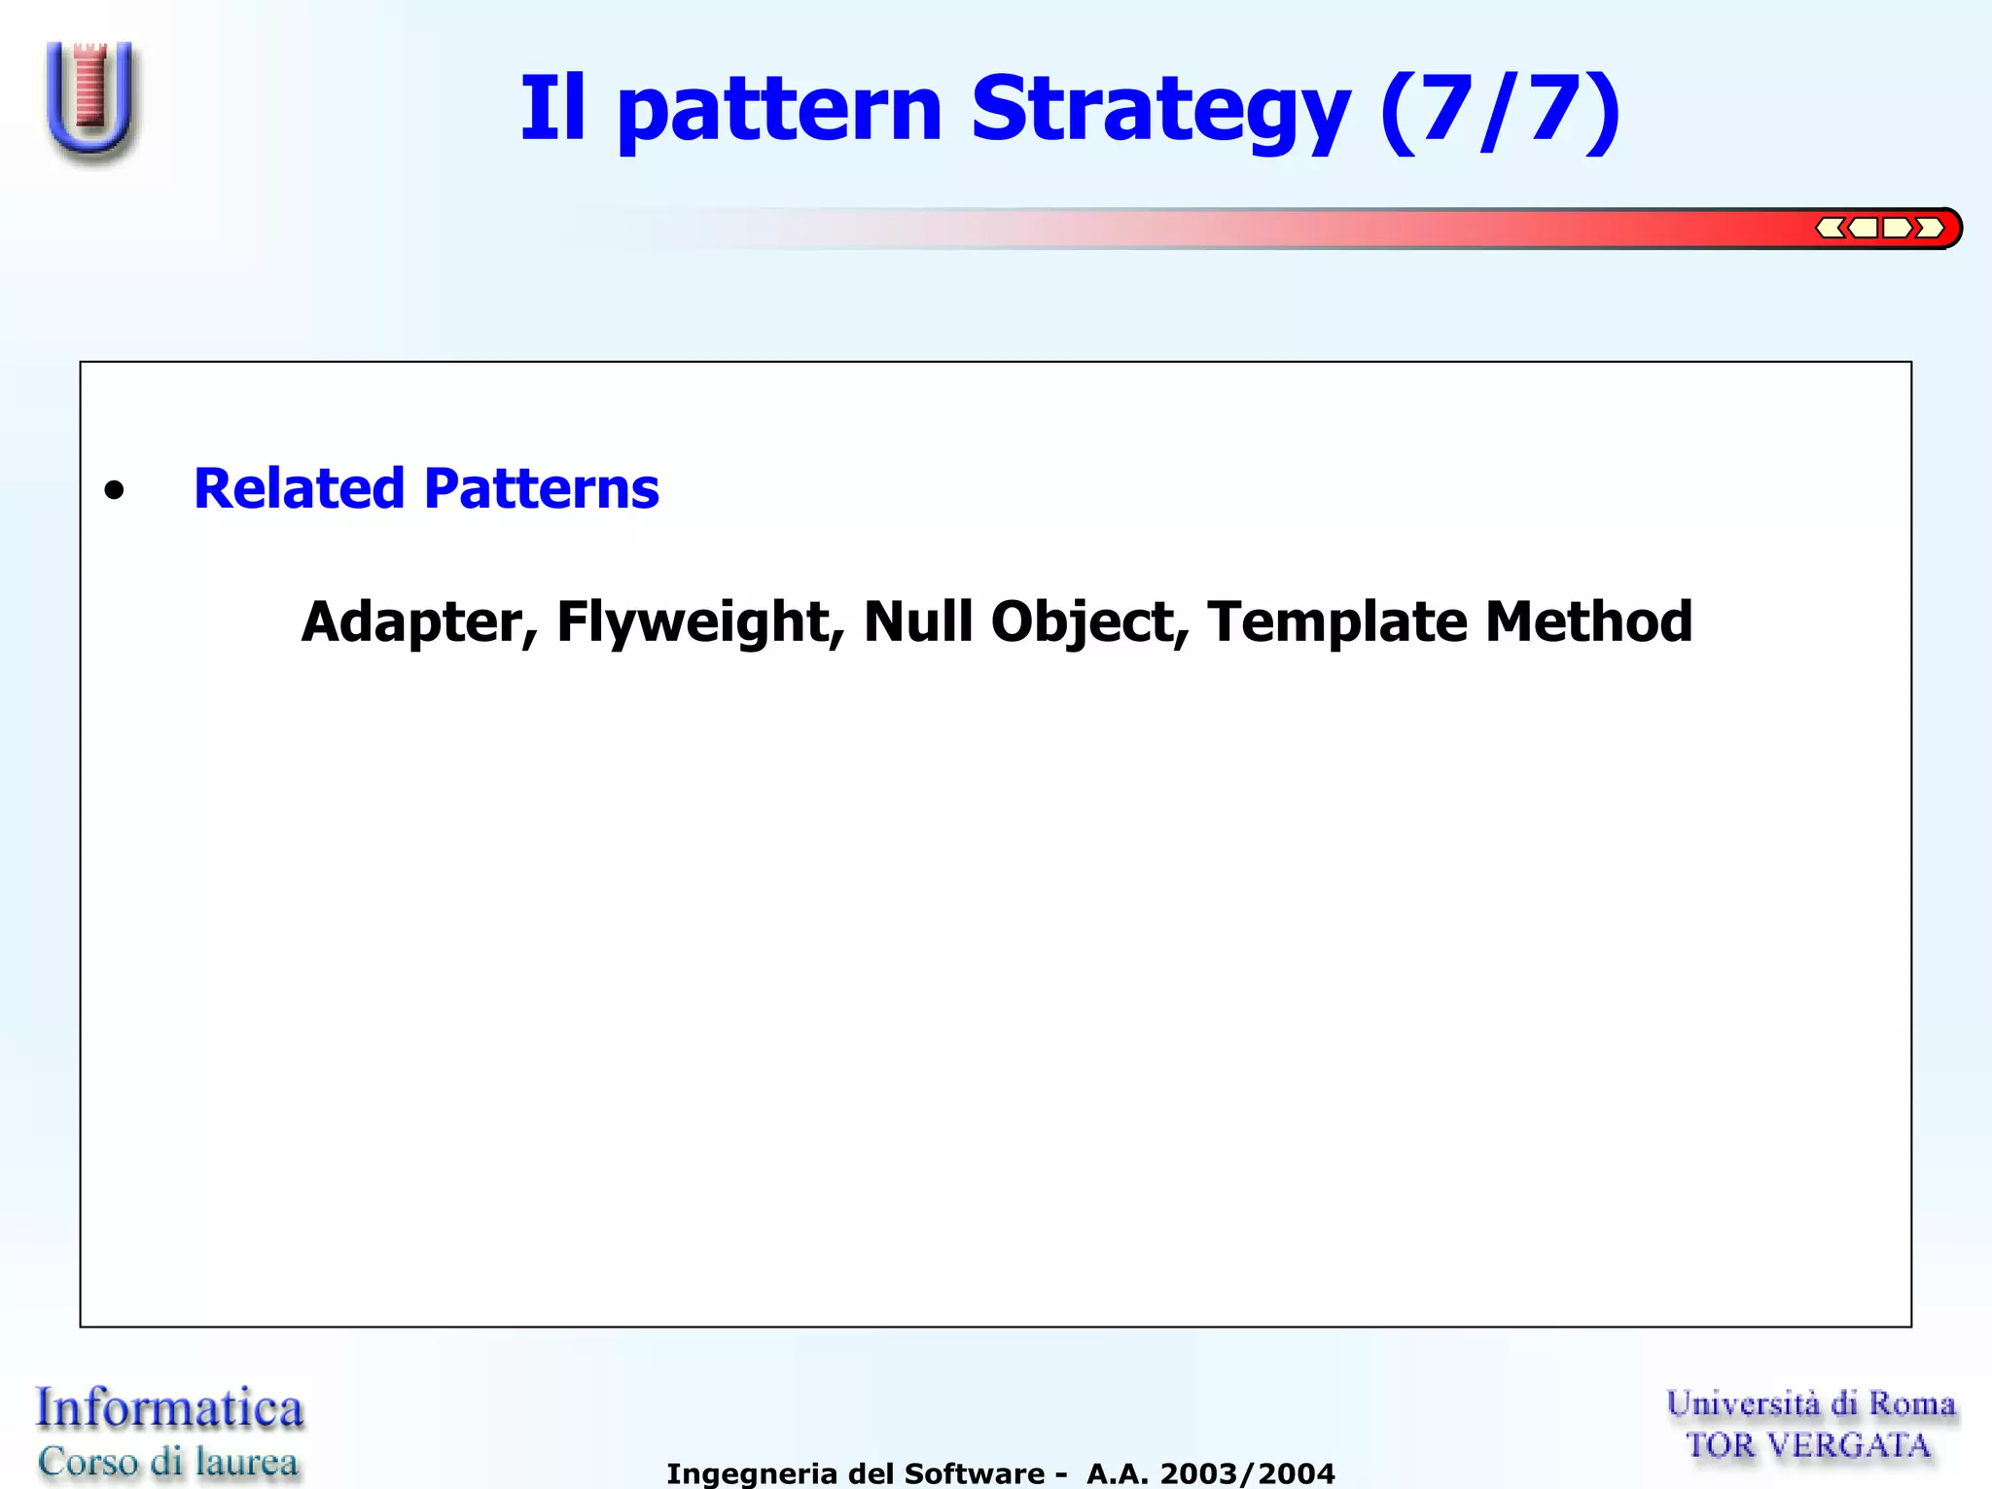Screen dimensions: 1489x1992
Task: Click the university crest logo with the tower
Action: coord(91,99)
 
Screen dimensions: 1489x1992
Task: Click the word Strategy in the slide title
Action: coord(1160,109)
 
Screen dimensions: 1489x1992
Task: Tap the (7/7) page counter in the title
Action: coord(1500,109)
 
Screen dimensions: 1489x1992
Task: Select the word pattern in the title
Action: coord(779,109)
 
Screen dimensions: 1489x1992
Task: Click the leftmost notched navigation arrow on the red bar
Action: coord(1830,229)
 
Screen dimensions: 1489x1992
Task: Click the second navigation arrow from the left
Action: coord(1863,229)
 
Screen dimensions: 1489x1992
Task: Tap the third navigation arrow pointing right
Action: coord(1897,229)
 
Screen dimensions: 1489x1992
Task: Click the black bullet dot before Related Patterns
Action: coord(115,490)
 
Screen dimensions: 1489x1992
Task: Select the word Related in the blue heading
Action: coord(299,488)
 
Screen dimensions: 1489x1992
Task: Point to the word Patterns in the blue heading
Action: coord(542,488)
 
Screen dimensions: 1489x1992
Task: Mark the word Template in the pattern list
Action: coord(1337,622)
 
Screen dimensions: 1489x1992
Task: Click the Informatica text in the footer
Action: coord(170,1408)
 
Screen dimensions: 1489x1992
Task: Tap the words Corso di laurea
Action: coord(168,1462)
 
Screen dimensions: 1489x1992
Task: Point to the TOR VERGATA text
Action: coord(1807,1446)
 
